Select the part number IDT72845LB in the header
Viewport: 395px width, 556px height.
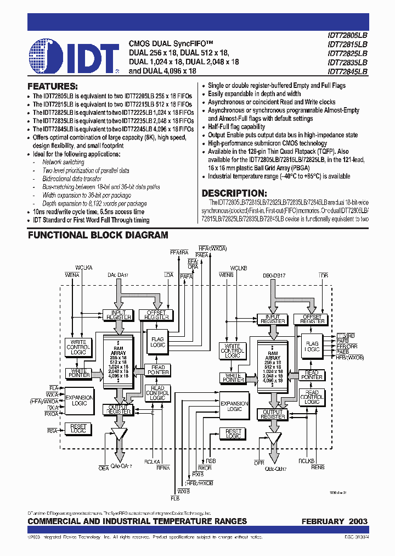click(347, 71)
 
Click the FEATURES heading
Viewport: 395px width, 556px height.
click(53, 86)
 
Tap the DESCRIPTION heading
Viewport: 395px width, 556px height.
click(234, 193)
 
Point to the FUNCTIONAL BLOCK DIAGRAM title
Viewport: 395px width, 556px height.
click(98, 235)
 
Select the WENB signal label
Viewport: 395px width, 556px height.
click(226, 274)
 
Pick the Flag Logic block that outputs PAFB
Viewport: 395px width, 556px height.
click(312, 346)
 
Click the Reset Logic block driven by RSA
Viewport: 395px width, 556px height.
click(78, 429)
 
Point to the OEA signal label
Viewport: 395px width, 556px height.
click(104, 468)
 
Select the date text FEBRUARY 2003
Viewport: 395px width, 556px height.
click(334, 521)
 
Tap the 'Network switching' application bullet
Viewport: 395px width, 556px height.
click(64, 163)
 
